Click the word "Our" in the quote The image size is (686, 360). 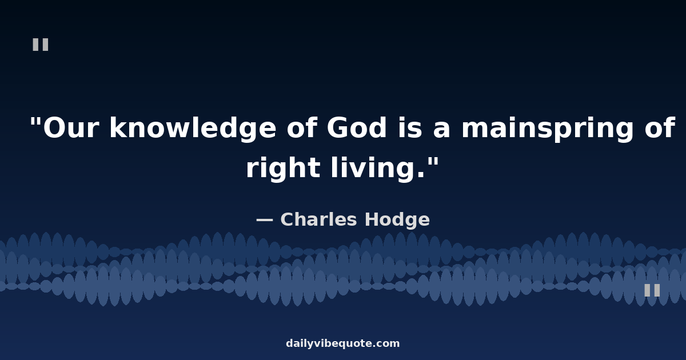pyautogui.click(x=71, y=127)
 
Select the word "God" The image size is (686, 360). pyautogui.click(x=357, y=127)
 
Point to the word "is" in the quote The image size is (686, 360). pyautogui.click(x=410, y=127)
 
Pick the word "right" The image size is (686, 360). pyautogui.click(x=284, y=169)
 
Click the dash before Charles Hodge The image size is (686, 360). pyautogui.click(x=264, y=220)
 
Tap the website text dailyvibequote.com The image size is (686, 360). pyautogui.click(x=342, y=344)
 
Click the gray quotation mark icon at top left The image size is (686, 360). pyautogui.click(x=41, y=45)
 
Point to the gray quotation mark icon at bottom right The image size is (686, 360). pyautogui.click(x=652, y=290)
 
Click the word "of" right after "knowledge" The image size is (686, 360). pyautogui.click(x=301, y=127)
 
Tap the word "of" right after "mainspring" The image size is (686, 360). pyautogui.click(x=660, y=127)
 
